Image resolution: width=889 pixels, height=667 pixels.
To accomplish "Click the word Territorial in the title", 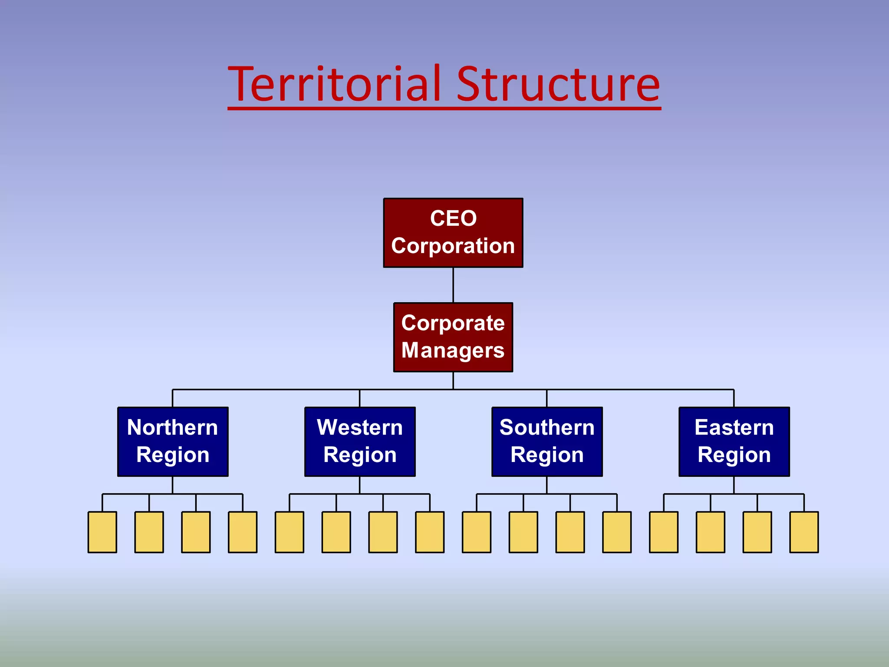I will pos(334,85).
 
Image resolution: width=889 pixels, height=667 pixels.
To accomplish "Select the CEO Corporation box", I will pos(453,233).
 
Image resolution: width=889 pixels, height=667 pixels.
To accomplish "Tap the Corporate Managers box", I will pos(453,337).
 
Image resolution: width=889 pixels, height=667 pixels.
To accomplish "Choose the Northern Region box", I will pos(173,442).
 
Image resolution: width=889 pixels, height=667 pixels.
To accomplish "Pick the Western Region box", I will pos(360,442).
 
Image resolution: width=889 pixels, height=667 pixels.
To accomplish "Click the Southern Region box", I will pos(547,442).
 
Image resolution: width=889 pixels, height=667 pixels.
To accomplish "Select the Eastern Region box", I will pos(734,442).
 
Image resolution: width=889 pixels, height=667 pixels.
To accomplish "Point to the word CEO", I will pos(453,218).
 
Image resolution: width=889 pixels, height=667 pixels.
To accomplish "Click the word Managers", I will pos(453,350).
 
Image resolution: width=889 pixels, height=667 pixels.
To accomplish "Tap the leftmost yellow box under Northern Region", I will pos(102,532).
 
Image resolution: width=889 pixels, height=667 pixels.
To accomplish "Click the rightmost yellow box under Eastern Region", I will pos(804,532).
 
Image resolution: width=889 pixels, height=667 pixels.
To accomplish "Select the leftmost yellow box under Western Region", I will pos(290,532).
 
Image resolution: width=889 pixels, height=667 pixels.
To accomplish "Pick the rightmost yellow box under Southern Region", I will pos(617,532).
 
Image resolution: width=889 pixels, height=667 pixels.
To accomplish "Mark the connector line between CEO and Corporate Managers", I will pos(453,285).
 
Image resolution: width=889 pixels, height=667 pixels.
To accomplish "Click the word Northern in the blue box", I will pos(173,428).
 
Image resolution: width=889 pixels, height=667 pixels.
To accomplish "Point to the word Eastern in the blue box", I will pos(734,428).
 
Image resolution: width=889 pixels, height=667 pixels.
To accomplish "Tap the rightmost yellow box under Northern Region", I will pos(243,532).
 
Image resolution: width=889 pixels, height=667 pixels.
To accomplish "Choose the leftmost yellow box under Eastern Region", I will pos(664,532).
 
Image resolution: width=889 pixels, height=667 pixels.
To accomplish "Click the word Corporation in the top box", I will pos(453,246).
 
